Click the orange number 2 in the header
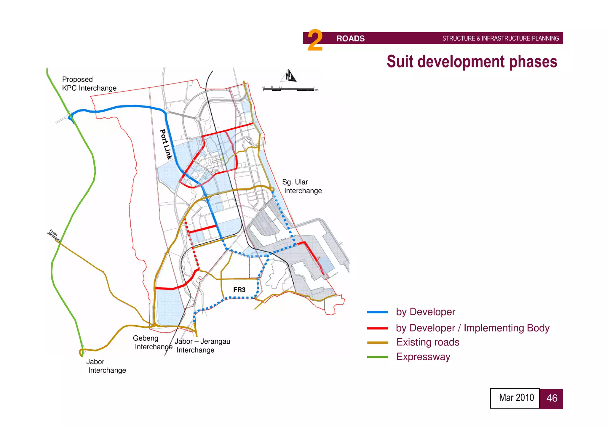pyautogui.click(x=315, y=40)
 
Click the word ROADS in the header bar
pyautogui.click(x=350, y=39)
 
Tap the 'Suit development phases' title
pyautogui.click(x=472, y=62)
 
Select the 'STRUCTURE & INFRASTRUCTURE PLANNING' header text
pyautogui.click(x=500, y=39)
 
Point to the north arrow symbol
pyautogui.click(x=289, y=76)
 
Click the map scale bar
pyautogui.click(x=290, y=89)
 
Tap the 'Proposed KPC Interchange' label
pyautogui.click(x=89, y=84)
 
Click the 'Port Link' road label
pyautogui.click(x=166, y=144)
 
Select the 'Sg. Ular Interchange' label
pyautogui.click(x=302, y=186)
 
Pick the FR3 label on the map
pyautogui.click(x=239, y=290)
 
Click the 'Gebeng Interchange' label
pyautogui.click(x=152, y=342)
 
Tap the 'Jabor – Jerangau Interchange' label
pyautogui.click(x=202, y=346)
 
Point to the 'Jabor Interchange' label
pyautogui.click(x=106, y=366)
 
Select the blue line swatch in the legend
pyautogui.click(x=377, y=312)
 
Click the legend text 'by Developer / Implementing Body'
pyautogui.click(x=472, y=328)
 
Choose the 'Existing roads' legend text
pyautogui.click(x=428, y=342)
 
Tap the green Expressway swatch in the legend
pyautogui.click(x=377, y=357)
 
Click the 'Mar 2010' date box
pyautogui.click(x=515, y=398)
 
